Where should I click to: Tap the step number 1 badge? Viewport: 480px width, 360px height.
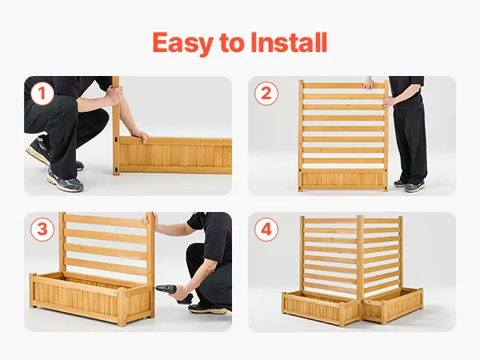42,94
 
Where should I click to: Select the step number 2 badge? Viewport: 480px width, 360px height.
266,94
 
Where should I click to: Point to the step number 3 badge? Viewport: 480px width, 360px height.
42,230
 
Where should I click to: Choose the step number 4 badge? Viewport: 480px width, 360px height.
266,230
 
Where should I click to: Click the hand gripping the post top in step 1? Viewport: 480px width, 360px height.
116,94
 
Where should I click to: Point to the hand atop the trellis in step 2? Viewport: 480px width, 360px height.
369,83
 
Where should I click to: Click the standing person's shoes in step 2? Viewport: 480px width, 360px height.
410,186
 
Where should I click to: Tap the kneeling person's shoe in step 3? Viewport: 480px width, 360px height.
208,308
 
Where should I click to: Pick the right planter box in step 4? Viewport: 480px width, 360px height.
394,305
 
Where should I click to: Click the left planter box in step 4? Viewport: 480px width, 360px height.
321,308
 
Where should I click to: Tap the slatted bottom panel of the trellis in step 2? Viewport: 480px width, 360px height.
343,179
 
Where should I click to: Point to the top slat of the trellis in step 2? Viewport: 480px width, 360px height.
343,86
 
